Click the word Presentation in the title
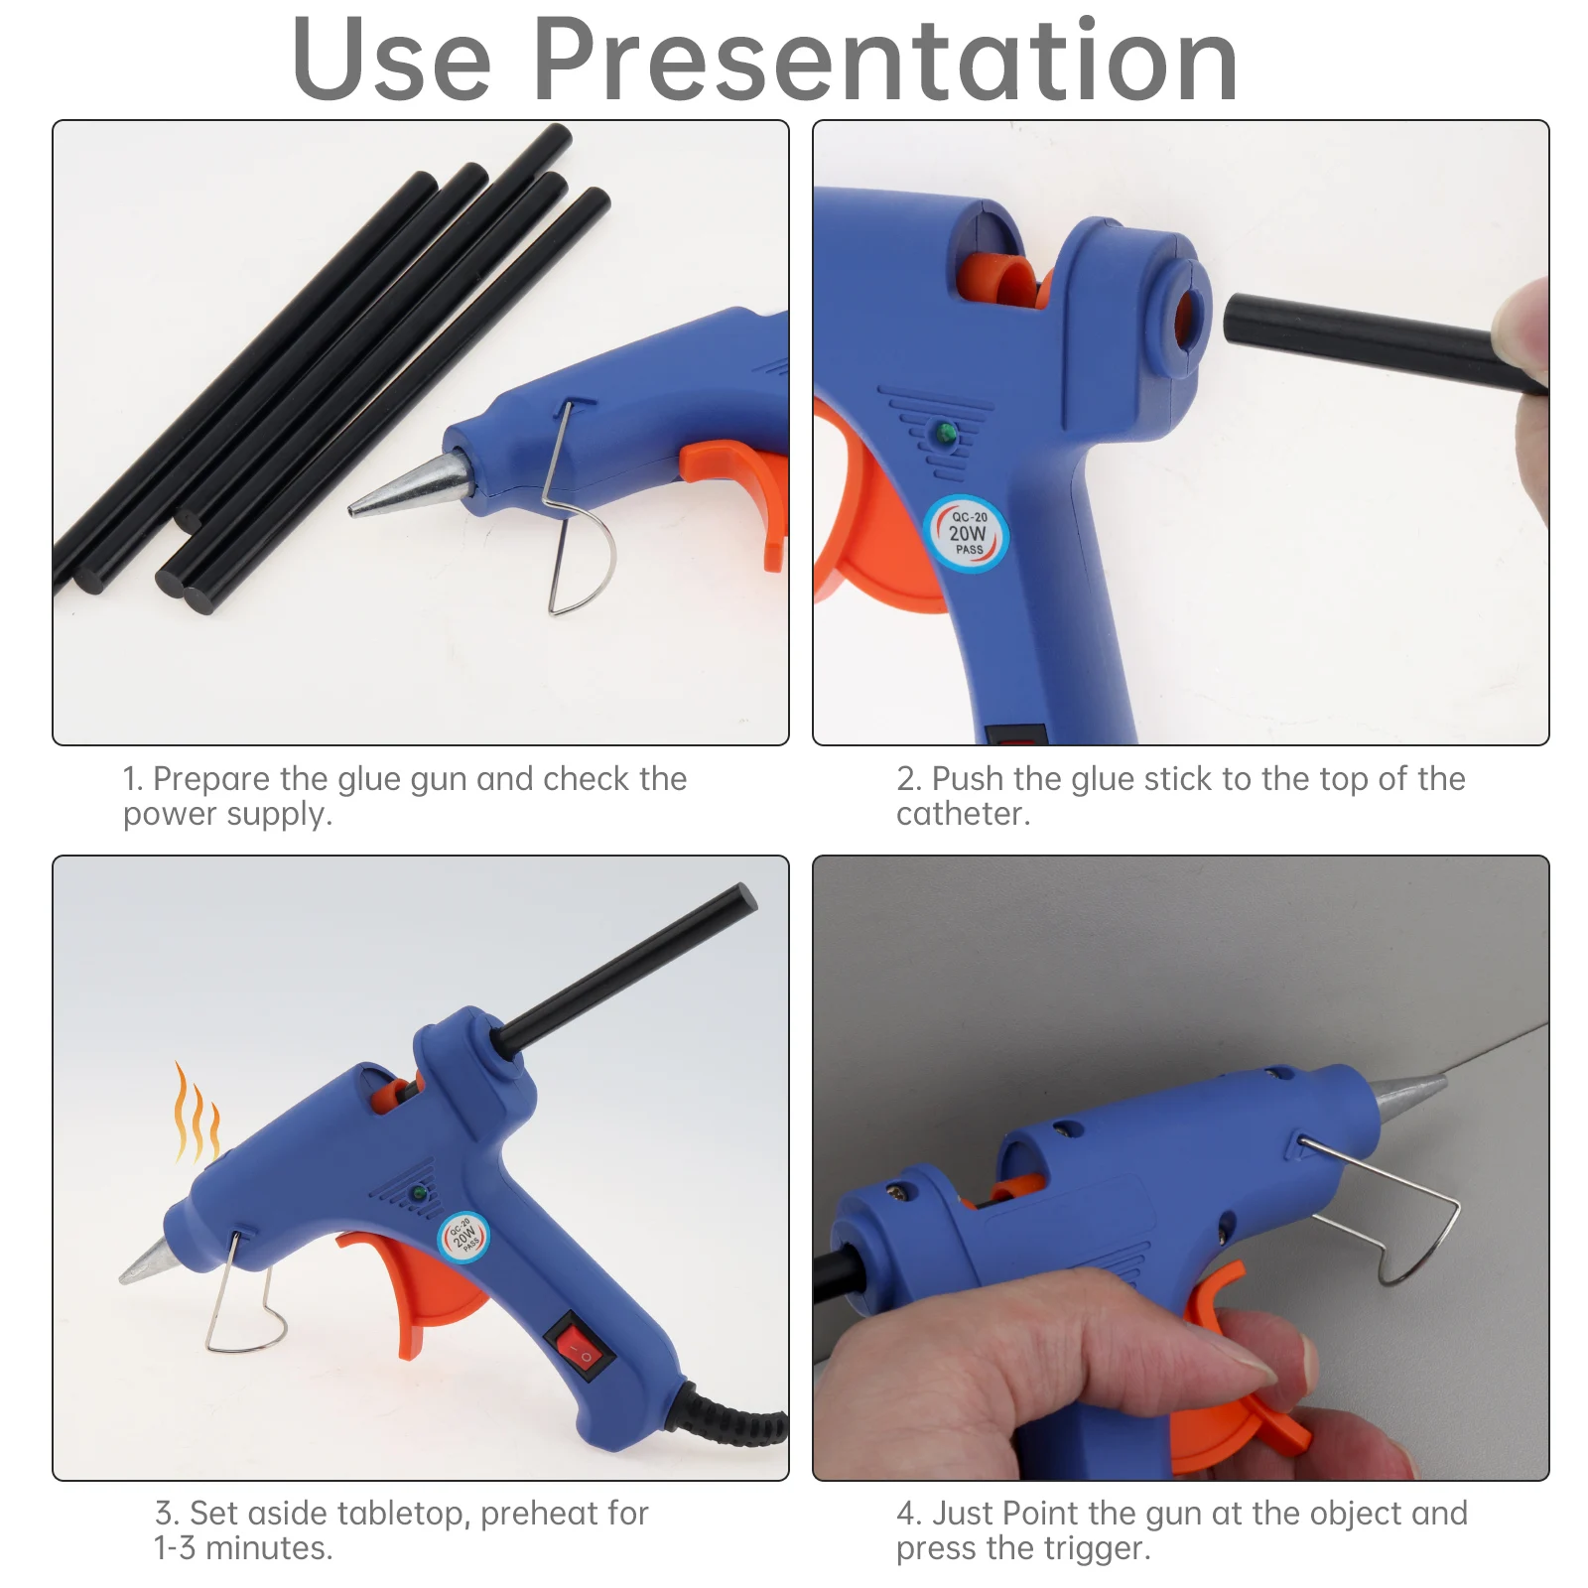click(x=885, y=62)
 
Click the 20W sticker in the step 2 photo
click(x=967, y=533)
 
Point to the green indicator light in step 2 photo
click(x=945, y=433)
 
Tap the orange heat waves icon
click(x=197, y=1113)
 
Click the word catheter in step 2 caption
click(x=963, y=814)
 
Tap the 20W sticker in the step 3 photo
click(x=463, y=1237)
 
